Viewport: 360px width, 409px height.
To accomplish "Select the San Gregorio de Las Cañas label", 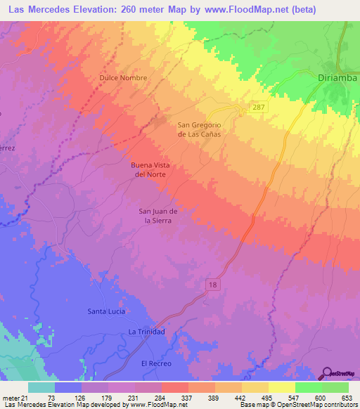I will coord(199,129).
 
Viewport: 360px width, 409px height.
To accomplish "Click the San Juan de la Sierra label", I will coord(155,215).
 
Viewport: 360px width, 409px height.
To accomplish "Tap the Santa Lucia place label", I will coord(107,311).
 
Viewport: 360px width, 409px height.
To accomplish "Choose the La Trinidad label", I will coord(146,332).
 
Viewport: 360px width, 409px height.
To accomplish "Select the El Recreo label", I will coord(156,363).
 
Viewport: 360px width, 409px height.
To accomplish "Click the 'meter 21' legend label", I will coord(14,397).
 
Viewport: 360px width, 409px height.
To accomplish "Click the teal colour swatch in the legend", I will coord(41,387).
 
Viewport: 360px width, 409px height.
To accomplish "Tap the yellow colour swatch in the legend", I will coord(282,387).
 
